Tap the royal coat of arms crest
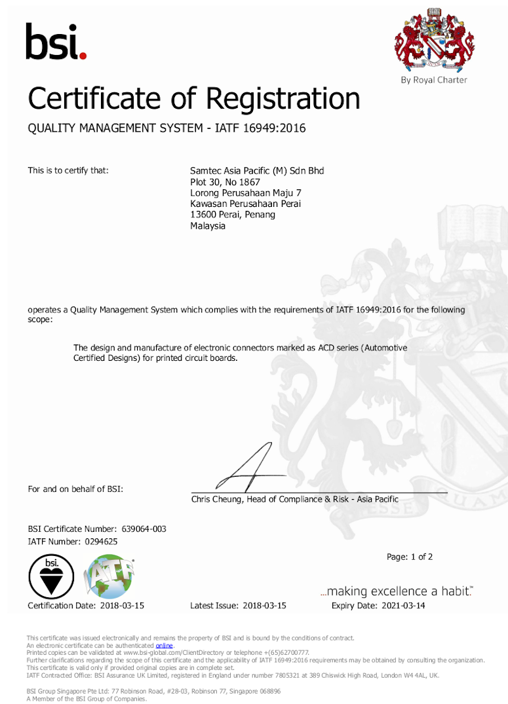coord(433,41)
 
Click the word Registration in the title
coord(283,99)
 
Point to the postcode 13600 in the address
coord(203,214)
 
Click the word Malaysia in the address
coord(207,225)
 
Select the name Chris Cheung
coord(217,499)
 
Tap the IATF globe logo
coord(110,576)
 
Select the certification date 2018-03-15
coord(122,606)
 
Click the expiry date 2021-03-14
coord(402,606)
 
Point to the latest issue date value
coord(264,606)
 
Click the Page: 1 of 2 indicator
coord(410,557)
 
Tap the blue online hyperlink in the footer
coord(164,646)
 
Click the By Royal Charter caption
coord(434,80)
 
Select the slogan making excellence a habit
coord(397,591)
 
